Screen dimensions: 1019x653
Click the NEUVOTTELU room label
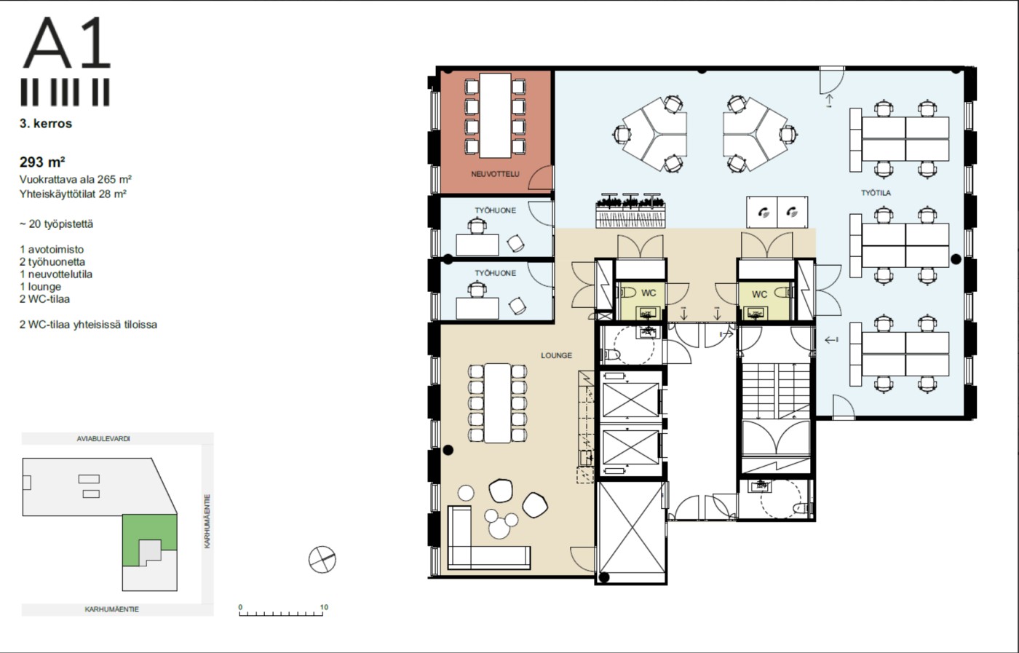point(495,174)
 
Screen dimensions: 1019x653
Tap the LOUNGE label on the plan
point(556,355)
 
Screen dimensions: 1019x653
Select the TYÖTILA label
point(876,193)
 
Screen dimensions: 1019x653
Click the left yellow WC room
point(641,301)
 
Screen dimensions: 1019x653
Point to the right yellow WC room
point(764,301)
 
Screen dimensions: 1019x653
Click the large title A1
point(66,44)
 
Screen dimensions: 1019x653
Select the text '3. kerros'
point(46,124)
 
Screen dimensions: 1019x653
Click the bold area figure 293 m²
point(42,162)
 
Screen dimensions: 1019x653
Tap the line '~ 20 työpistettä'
point(57,224)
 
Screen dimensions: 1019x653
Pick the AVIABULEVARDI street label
point(103,439)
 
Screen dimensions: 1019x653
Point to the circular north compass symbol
point(322,559)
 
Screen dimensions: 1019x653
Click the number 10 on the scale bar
point(324,607)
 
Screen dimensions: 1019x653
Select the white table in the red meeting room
point(496,116)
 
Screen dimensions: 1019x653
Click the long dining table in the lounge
point(498,403)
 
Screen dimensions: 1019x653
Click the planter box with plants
point(630,211)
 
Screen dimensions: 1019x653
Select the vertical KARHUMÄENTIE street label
point(207,521)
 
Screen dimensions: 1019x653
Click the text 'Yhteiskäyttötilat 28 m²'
point(73,194)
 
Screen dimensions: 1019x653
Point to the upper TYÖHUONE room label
point(496,210)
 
